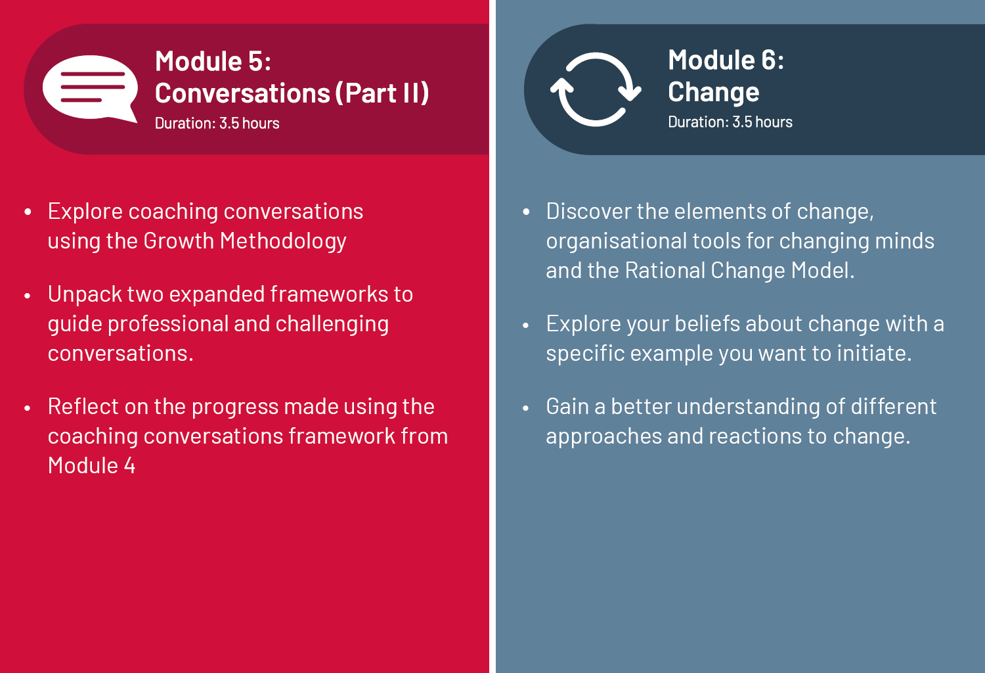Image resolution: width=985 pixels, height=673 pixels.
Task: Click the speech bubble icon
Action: (x=90, y=88)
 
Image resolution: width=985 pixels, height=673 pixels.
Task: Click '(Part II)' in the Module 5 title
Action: (x=382, y=93)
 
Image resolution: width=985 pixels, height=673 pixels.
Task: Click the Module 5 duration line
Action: (x=217, y=124)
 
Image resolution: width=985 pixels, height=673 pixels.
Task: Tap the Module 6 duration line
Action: (x=730, y=122)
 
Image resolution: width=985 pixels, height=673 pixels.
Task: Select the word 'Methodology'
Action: (x=283, y=241)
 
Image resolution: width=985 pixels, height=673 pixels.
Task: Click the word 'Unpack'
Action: (x=85, y=294)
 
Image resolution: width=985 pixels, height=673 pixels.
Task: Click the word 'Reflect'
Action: (x=83, y=406)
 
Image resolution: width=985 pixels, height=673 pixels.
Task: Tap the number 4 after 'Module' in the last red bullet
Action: (x=129, y=466)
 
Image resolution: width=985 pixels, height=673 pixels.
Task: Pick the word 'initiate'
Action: (x=874, y=353)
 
